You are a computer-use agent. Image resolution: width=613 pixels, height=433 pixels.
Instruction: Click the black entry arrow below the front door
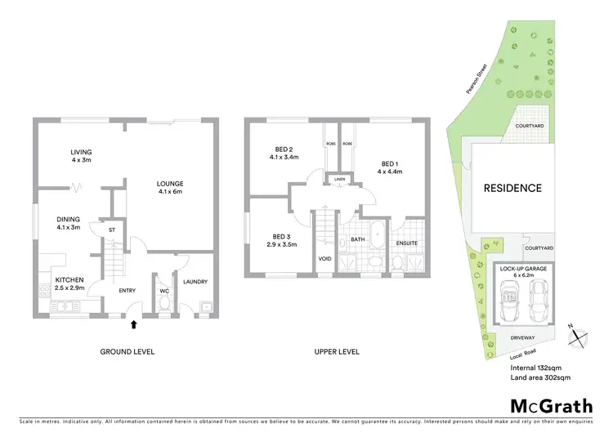click(133, 324)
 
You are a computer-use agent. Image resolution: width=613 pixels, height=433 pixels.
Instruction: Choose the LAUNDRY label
click(195, 282)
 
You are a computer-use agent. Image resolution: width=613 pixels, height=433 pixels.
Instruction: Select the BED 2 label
click(284, 150)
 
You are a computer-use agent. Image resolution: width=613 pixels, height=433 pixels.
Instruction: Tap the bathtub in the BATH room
click(377, 235)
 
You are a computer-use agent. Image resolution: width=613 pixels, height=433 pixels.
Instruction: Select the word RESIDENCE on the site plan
click(512, 188)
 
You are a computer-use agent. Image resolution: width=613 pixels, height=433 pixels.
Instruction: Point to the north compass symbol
click(578, 335)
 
